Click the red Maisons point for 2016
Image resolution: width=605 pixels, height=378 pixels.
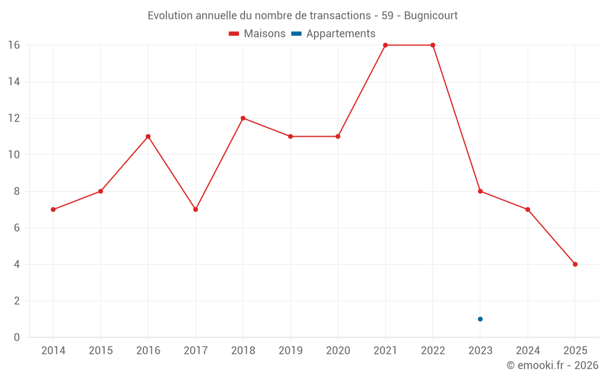tap(148, 137)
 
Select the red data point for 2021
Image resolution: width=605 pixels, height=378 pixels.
tap(385, 45)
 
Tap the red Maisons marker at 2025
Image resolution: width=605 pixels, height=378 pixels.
tap(575, 264)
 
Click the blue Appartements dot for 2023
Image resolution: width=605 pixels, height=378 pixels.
tap(480, 319)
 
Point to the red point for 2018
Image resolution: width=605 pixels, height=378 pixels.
tap(243, 118)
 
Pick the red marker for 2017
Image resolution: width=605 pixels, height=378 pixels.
tap(195, 209)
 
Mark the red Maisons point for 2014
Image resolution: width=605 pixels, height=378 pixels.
tap(53, 209)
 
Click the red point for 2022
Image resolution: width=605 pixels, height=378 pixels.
tap(433, 45)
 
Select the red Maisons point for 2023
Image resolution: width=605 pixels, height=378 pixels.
tap(480, 191)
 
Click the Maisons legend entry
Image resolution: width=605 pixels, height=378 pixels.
tap(257, 33)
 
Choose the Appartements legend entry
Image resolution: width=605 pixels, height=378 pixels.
tap(333, 33)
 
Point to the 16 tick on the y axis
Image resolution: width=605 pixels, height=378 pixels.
tap(14, 45)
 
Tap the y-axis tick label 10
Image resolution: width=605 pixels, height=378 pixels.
tap(14, 155)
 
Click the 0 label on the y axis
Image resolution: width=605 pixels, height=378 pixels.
tap(16, 337)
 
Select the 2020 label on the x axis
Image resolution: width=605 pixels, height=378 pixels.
tap(338, 350)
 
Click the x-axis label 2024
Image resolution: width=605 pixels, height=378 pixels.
tap(528, 350)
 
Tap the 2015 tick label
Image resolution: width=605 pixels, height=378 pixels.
tap(100, 350)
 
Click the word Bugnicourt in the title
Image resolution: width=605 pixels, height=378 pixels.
tap(431, 16)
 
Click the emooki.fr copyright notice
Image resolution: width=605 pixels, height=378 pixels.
tap(552, 365)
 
